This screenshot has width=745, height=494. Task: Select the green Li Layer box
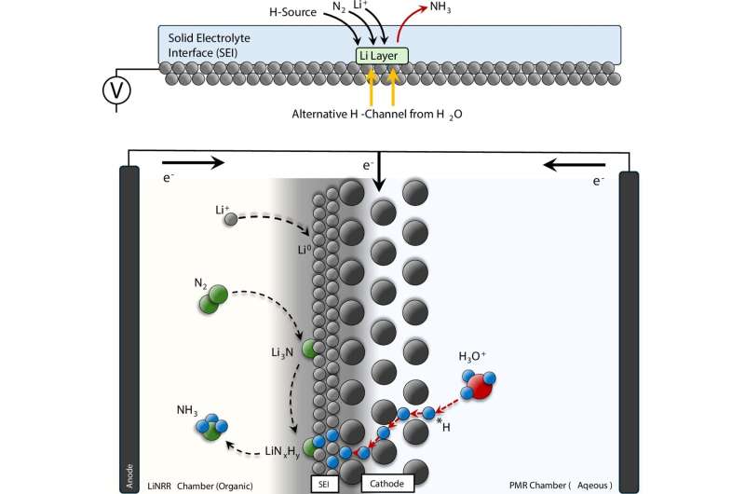tap(381, 57)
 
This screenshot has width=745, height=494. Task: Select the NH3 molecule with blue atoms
tap(210, 426)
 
